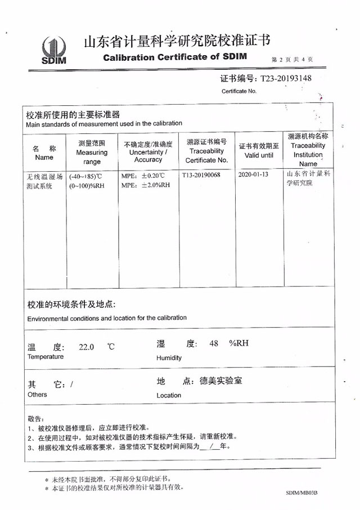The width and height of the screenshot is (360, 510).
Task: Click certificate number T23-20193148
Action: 283,79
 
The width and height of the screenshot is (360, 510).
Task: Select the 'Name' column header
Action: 44,153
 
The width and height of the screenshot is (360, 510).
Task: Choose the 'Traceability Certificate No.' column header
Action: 206,151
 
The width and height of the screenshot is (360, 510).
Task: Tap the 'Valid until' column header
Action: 259,150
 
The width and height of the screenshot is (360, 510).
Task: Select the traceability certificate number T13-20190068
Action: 201,175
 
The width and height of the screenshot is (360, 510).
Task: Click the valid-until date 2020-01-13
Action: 253,175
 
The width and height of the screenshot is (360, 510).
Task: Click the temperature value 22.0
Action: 87,347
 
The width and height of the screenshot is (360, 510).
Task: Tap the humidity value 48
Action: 213,343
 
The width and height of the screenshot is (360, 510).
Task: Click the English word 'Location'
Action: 169,395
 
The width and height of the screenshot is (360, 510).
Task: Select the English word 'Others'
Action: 37,395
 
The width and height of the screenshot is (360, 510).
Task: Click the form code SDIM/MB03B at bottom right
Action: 301,493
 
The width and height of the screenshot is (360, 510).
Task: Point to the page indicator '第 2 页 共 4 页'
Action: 292,59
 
